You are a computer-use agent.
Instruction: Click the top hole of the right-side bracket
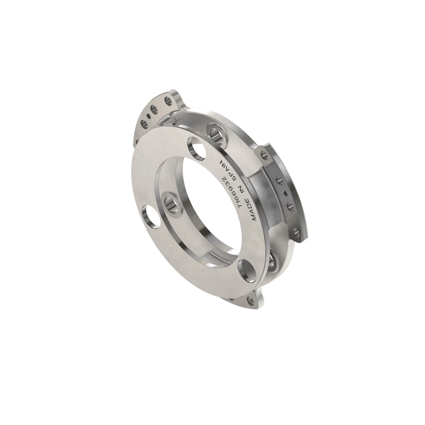click(x=262, y=155)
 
